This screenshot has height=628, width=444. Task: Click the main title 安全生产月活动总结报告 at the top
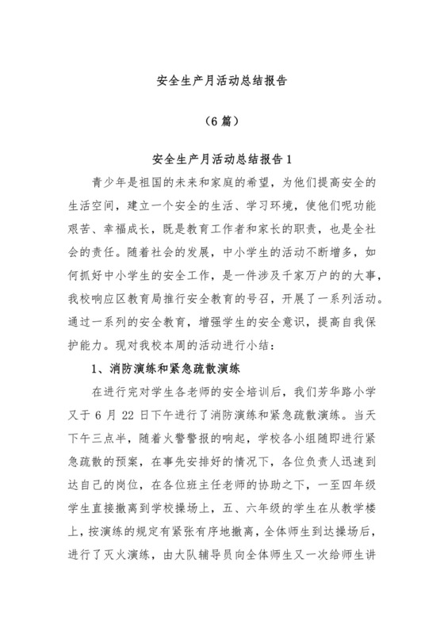pyautogui.click(x=222, y=81)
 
